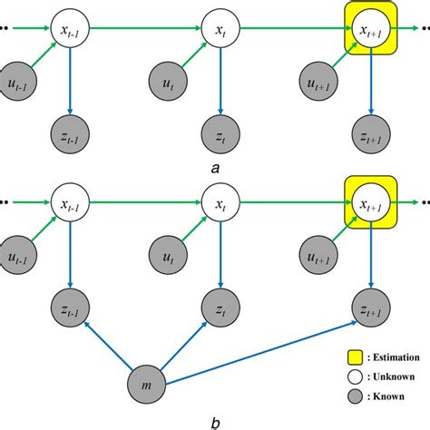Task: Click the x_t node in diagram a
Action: click(x=219, y=28)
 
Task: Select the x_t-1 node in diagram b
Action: click(x=69, y=199)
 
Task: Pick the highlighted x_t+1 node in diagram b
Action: click(x=366, y=199)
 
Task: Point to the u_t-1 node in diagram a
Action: click(x=19, y=82)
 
